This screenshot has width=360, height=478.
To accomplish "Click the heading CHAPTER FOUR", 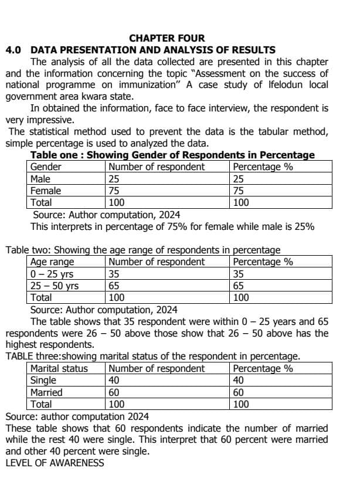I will pos(167,38).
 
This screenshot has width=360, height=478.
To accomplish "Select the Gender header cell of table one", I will pos(46,167).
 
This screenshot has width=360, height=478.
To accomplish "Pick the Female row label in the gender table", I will pos(46,191).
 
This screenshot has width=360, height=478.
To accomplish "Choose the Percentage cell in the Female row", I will pos(239,191).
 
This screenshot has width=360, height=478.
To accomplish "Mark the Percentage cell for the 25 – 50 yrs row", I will pos(239,286).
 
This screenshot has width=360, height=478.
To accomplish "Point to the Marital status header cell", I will pos(59,369).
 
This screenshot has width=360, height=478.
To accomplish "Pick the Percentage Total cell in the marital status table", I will pos(241,404).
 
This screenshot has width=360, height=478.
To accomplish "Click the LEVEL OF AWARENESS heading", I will pos(55,463).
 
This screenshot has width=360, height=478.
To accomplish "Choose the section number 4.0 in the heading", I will pos(13,50).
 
